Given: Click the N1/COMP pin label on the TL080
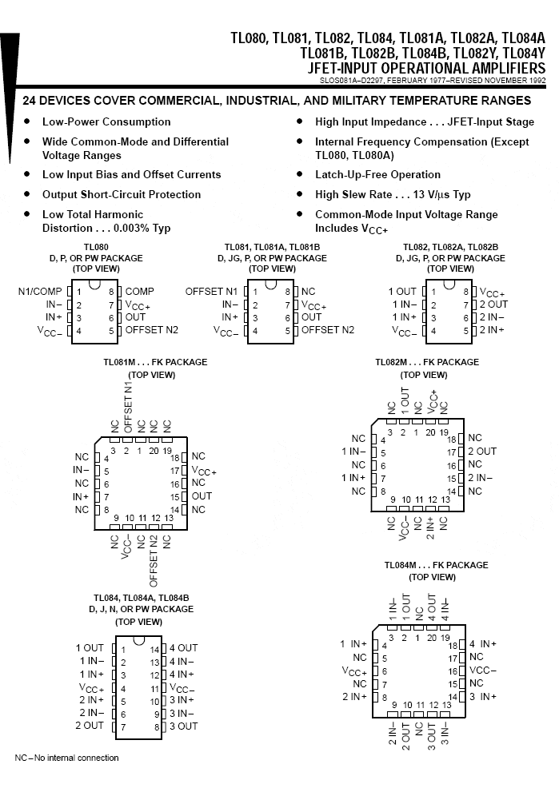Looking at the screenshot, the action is pos(40,292).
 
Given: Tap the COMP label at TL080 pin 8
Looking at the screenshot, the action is pos(140,292).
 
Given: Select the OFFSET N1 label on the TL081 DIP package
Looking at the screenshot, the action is pos(211,292).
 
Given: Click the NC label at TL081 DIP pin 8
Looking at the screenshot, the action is pos(308,292).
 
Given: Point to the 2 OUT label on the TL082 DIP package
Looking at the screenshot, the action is pos(493,304).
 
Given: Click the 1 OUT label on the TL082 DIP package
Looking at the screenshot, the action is pos(402,292).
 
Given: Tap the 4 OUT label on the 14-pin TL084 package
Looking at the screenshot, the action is pos(183,648).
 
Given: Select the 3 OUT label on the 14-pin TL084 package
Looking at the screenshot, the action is pos(183,726).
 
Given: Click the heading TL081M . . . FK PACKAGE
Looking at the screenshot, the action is pos(155,362).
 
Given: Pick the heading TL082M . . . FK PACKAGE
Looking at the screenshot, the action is pos(427,362).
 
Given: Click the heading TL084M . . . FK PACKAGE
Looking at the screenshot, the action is pos(437,565).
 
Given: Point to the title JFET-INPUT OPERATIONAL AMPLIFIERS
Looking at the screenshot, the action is pos(427,69).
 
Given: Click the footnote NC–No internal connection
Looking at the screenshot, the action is pos(67,758).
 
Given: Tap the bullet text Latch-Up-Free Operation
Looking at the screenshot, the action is pos(378,174).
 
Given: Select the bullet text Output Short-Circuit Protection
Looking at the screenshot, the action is pos(122,194).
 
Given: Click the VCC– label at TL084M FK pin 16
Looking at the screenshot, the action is pos(483,671).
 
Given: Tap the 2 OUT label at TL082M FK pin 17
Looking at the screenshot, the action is pos(482,452).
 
